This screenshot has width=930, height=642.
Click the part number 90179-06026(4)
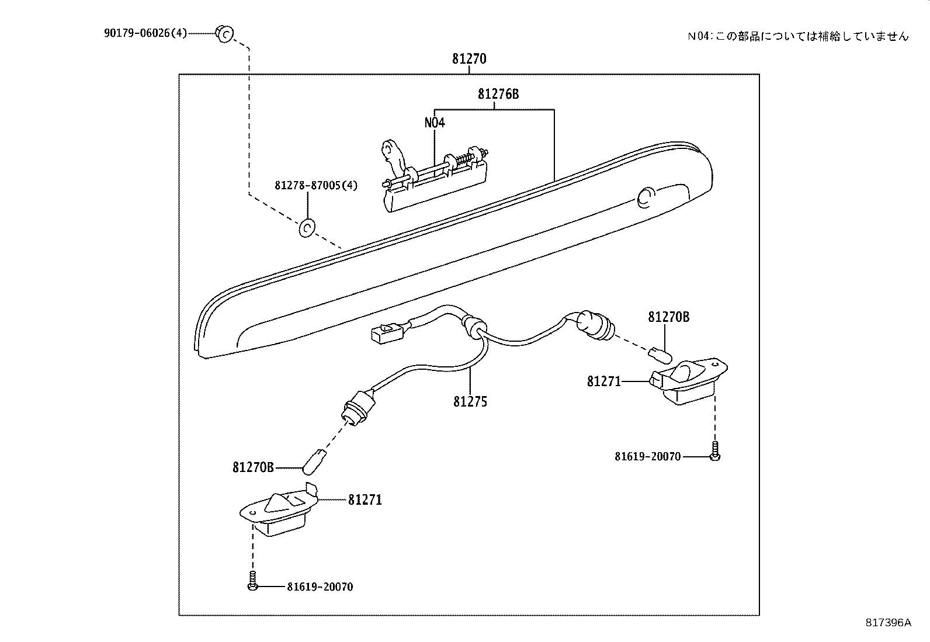[145, 33]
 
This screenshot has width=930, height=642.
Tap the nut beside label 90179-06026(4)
[224, 34]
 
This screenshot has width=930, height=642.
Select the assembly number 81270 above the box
[469, 59]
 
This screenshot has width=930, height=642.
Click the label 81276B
[498, 94]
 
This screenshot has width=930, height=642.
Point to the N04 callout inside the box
[435, 123]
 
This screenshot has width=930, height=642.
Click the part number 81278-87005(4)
[316, 186]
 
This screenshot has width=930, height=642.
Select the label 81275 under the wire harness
[470, 402]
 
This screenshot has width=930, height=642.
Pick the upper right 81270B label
[668, 317]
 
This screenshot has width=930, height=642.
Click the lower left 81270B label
[253, 467]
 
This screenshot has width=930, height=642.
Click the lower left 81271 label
[365, 500]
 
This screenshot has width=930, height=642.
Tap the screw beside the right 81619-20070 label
[716, 452]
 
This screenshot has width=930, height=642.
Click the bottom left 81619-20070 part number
[320, 587]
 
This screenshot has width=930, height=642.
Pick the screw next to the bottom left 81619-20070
[253, 581]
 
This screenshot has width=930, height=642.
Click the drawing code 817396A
[888, 623]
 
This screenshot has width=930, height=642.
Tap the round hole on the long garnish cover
[646, 197]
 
